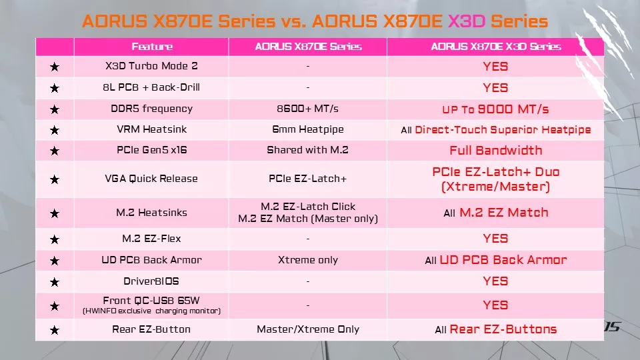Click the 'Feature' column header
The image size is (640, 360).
tap(151, 47)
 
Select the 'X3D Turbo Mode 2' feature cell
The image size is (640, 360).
tap(151, 66)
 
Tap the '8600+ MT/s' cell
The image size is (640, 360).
tap(308, 109)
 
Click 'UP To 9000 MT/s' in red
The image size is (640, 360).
tap(495, 109)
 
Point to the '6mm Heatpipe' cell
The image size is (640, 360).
tap(308, 130)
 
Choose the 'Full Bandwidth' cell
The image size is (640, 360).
tap(495, 150)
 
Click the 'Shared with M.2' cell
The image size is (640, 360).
tap(308, 150)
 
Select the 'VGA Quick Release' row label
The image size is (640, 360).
tap(151, 179)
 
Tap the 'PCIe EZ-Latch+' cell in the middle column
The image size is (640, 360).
tap(308, 179)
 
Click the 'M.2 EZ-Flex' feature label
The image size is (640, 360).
tap(151, 239)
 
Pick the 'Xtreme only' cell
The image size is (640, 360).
tap(308, 260)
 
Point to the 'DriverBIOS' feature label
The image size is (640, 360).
tap(151, 281)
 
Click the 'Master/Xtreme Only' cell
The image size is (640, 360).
tap(308, 329)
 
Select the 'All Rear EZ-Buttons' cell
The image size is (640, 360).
tap(495, 329)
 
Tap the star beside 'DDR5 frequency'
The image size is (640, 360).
tap(55, 110)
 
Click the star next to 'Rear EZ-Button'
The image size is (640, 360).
tap(55, 330)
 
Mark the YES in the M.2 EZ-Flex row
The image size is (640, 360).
tap(495, 239)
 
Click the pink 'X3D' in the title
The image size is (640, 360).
tap(465, 21)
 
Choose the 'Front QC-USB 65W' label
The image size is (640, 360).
tap(151, 301)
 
